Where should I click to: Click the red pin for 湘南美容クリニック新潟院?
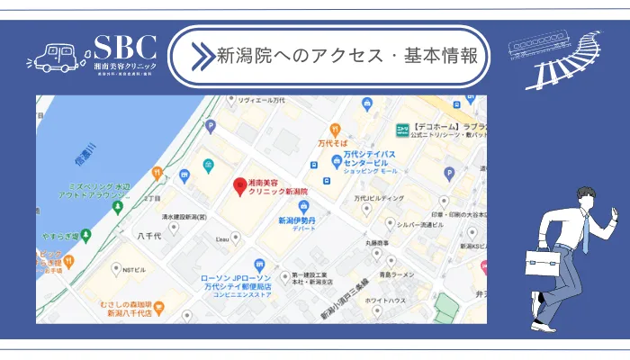click(x=238, y=186)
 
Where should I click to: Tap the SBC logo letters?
click(x=126, y=48)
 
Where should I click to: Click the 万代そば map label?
click(x=334, y=143)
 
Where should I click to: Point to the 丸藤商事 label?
click(x=378, y=244)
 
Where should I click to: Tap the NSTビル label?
click(x=136, y=270)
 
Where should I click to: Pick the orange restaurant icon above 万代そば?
click(x=335, y=129)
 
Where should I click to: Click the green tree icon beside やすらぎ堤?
click(x=85, y=236)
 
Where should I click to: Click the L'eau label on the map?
click(x=214, y=238)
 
